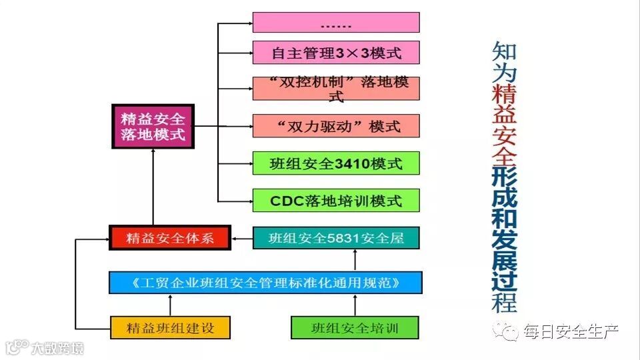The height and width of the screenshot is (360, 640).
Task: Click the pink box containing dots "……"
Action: pyautogui.click(x=336, y=22)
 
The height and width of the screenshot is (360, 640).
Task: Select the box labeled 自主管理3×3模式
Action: pyautogui.click(x=336, y=51)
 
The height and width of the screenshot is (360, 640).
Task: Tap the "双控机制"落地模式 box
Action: pyautogui.click(x=336, y=89)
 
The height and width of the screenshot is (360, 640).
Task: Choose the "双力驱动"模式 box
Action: pyautogui.click(x=336, y=125)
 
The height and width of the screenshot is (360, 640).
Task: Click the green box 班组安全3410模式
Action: pyautogui.click(x=336, y=163)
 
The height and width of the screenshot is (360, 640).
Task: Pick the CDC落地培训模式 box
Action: pyautogui.click(x=336, y=200)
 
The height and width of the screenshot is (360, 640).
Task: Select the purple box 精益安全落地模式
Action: pyautogui.click(x=153, y=126)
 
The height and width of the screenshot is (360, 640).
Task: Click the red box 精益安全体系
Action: pyautogui.click(x=170, y=238)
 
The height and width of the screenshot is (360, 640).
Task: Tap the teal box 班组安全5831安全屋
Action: pyautogui.click(x=336, y=238)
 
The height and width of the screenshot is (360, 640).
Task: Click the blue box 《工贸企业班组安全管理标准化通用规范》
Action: pyautogui.click(x=265, y=283)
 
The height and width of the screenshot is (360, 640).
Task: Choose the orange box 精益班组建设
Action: pyautogui.click(x=170, y=327)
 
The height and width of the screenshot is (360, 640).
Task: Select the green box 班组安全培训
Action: pyautogui.click(x=355, y=327)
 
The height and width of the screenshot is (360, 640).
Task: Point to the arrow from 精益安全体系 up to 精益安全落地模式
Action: pyautogui.click(x=153, y=187)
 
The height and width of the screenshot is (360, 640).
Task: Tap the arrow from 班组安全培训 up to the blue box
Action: pyautogui.click(x=355, y=305)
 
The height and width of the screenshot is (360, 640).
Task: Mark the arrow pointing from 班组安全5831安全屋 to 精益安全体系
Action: pyautogui.click(x=242, y=238)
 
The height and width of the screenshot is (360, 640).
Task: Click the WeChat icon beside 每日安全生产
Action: pyautogui.click(x=510, y=331)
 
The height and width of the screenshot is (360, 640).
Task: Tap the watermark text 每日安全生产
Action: pyautogui.click(x=571, y=331)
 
